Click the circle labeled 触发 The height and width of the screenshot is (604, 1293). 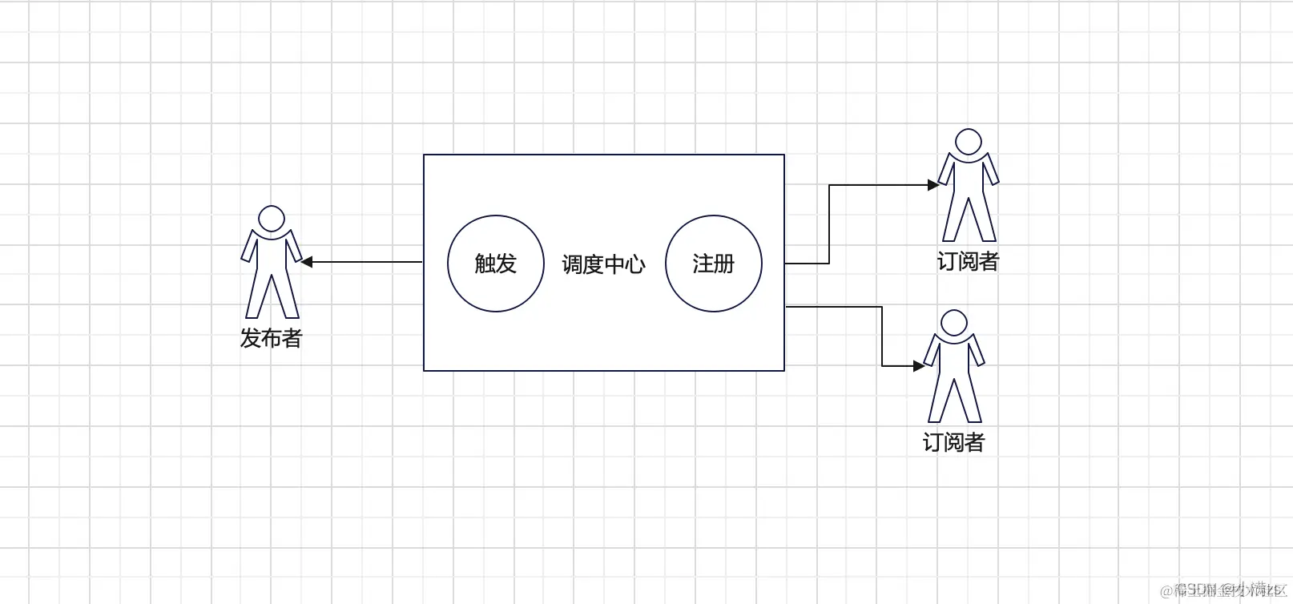point(496,264)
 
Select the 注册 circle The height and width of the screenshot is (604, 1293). point(714,264)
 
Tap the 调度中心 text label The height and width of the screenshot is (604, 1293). point(603,264)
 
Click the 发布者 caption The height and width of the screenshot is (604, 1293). point(271,338)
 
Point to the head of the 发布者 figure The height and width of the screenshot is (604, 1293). point(272,219)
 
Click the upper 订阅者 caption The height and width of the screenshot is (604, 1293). point(968,261)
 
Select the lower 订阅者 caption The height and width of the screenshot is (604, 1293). point(953,442)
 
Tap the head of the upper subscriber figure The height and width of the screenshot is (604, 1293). point(969,142)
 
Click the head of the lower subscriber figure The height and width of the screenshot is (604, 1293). point(954,323)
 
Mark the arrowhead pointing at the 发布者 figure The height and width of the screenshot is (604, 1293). point(307,262)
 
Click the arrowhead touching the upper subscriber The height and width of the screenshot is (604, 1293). point(933,185)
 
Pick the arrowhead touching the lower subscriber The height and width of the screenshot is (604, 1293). point(919,366)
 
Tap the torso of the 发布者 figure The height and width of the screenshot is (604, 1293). point(272,255)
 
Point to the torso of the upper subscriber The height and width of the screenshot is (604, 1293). point(969,178)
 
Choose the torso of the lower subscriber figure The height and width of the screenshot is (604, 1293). point(954,359)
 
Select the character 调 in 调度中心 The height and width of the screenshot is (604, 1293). point(572,264)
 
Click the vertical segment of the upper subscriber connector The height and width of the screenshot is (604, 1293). point(829,224)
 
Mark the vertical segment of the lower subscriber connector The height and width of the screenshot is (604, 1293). point(882,336)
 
